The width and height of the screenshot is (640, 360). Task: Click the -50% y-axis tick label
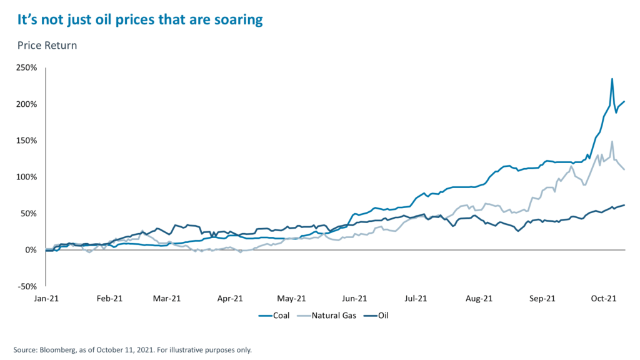pos(26,286)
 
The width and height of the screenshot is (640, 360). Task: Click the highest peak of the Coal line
pos(612,79)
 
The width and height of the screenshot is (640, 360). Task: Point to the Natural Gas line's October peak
pos(612,141)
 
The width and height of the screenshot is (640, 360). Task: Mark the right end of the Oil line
pos(624,205)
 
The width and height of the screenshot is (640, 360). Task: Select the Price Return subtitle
pos(47,46)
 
